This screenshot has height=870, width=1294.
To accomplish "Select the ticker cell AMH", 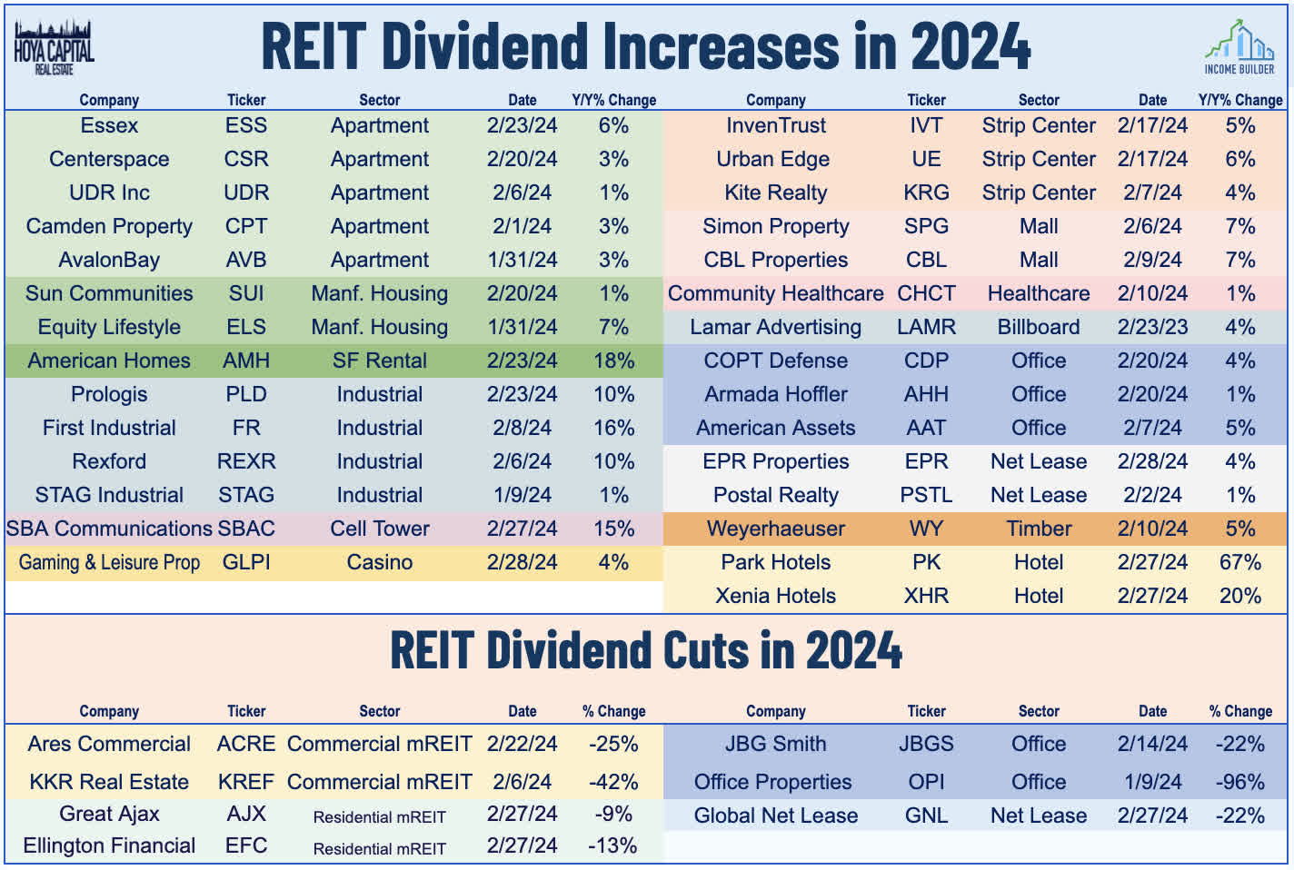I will click(x=246, y=361).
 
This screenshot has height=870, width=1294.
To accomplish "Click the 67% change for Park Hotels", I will click(x=1239, y=562).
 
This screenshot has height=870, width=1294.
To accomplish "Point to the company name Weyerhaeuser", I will click(x=775, y=529).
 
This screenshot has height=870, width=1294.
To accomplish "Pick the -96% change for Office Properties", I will click(x=1239, y=782).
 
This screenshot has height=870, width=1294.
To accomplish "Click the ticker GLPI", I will click(x=246, y=562).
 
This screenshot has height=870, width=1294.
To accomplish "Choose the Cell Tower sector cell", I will click(x=379, y=529).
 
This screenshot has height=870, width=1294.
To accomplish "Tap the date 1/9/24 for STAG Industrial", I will click(x=522, y=495).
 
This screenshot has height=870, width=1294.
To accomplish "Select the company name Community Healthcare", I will click(x=775, y=293).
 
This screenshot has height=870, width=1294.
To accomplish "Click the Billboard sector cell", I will click(x=1039, y=327).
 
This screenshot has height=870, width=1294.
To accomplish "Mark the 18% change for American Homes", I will click(x=613, y=361).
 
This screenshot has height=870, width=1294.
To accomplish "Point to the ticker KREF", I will click(x=246, y=782).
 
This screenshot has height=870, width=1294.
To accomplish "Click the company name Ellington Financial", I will click(x=109, y=845).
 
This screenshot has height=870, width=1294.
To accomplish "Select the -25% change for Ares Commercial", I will click(x=613, y=744).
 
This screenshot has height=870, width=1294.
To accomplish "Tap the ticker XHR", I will click(x=926, y=596).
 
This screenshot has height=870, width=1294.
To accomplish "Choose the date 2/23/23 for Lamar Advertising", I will click(x=1152, y=327).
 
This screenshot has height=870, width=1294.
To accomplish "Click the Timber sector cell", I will click(x=1039, y=529).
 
